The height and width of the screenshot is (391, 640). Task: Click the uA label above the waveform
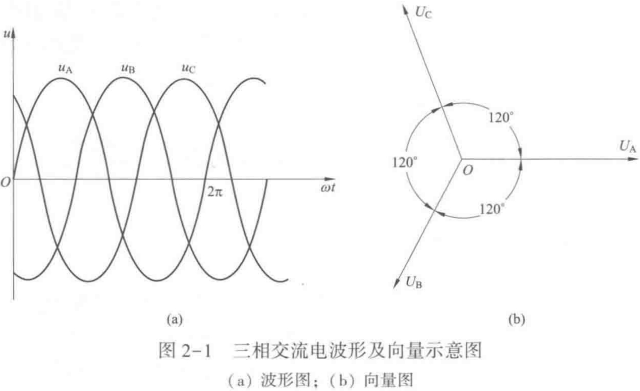click(65, 68)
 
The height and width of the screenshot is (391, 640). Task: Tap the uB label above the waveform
click(128, 68)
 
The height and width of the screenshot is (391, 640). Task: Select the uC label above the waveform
click(188, 68)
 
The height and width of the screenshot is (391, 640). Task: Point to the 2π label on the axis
click(215, 192)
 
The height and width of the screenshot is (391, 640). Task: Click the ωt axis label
click(328, 188)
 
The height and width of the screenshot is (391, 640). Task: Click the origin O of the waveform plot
click(6, 182)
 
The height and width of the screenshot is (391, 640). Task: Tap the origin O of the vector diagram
click(467, 171)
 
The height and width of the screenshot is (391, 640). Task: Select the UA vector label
click(628, 146)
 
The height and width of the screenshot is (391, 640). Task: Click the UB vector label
click(414, 282)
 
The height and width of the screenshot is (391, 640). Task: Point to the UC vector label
click(423, 12)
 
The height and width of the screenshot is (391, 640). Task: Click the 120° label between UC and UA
click(501, 117)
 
